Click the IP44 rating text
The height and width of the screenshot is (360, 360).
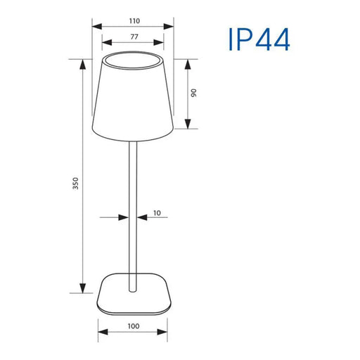click(x=258, y=40)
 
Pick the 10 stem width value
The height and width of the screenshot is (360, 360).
click(x=157, y=212)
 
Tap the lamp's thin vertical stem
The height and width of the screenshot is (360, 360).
click(x=132, y=211)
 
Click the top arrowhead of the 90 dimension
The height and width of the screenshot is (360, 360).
click(x=188, y=63)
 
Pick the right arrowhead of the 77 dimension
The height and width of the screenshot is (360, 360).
click(x=162, y=45)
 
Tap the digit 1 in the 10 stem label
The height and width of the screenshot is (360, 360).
click(x=154, y=212)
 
